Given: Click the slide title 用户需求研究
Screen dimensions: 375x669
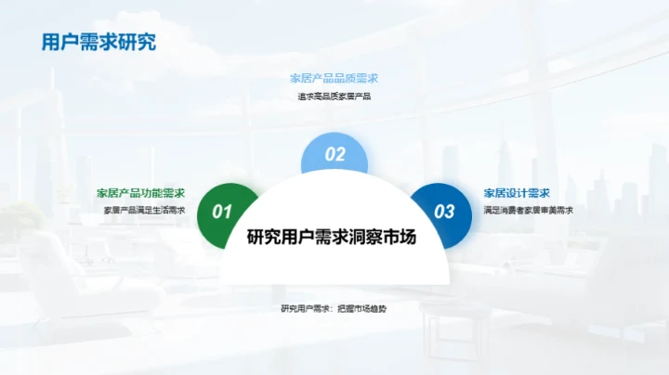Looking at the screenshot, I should tap(98, 43).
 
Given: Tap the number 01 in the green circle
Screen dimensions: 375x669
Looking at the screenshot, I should tap(222, 212).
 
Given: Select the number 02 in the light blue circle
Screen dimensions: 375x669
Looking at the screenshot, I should tap(334, 155).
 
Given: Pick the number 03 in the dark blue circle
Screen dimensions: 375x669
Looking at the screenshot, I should tap(445, 212).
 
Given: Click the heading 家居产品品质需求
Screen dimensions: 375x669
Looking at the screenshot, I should tap(334, 79).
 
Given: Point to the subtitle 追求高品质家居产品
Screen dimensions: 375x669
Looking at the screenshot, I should tap(334, 96).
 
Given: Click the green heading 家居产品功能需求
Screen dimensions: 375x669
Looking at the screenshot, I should tap(141, 193).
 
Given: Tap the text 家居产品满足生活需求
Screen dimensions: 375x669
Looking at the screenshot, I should tap(144, 210).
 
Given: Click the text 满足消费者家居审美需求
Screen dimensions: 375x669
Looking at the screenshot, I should tap(528, 210).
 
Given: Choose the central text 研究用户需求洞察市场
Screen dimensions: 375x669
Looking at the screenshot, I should tap(332, 237).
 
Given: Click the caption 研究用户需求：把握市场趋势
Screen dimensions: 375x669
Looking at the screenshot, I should tap(334, 308).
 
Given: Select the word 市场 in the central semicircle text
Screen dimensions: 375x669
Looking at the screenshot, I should tap(405, 237).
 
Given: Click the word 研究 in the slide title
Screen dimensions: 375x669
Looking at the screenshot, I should tap(137, 43).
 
